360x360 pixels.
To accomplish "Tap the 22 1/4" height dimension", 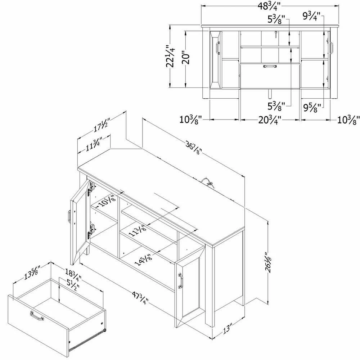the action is pyautogui.click(x=170, y=56).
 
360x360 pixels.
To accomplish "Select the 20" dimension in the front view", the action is pyautogui.click(x=186, y=59).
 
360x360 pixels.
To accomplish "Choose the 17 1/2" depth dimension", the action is pyautogui.click(x=102, y=125).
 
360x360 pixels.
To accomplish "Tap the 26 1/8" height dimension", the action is pyautogui.click(x=268, y=262).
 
